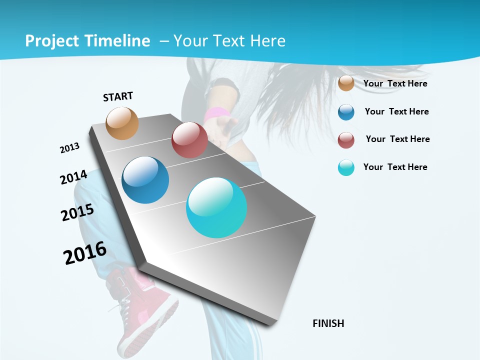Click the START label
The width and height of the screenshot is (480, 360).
tap(118, 96)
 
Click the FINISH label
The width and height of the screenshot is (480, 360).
tap(328, 323)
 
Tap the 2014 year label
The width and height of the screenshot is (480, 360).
tap(73, 177)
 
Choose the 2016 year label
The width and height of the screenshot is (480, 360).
tap(84, 253)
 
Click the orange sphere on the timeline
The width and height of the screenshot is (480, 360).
tap(122, 123)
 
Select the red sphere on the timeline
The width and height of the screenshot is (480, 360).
tap(189, 140)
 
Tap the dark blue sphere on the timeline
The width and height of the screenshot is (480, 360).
tap(145, 180)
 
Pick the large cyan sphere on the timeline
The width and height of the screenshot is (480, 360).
tap(216, 207)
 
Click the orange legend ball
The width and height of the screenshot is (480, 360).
tap(346, 83)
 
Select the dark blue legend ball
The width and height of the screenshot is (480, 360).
tap(346, 112)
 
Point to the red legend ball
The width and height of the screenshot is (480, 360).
tap(346, 140)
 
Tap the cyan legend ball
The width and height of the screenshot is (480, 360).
tap(346, 167)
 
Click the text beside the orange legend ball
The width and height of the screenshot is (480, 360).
tap(395, 83)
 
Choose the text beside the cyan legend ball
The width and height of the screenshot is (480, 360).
tap(395, 167)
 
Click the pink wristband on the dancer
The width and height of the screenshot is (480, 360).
tap(215, 113)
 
